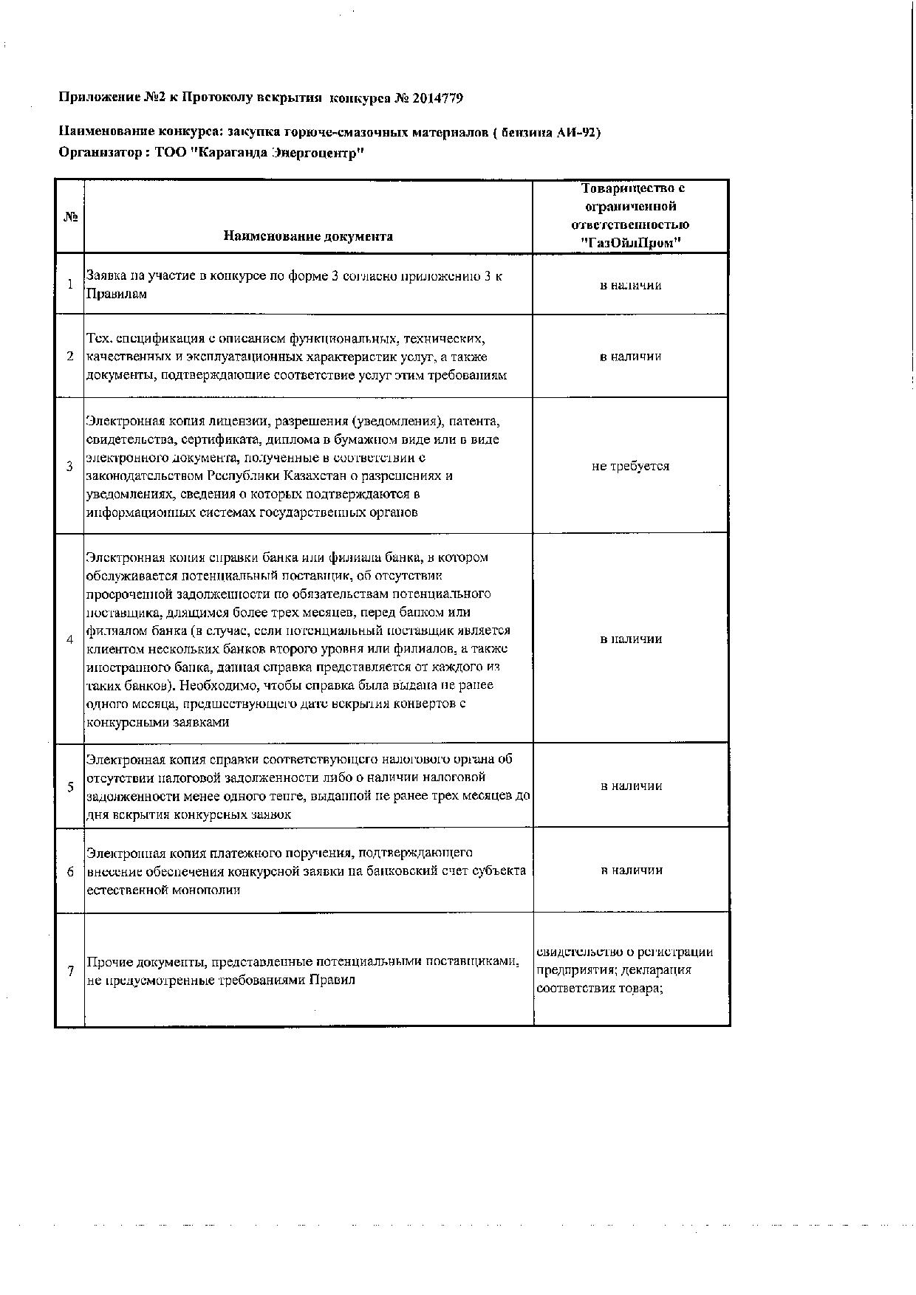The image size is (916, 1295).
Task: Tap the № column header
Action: [70, 217]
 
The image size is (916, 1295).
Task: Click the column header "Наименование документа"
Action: [307, 236]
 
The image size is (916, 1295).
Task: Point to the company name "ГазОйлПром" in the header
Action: [630, 243]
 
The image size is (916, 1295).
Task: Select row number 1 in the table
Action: [70, 285]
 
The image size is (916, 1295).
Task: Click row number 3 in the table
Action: [70, 467]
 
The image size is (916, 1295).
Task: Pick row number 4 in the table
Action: [70, 639]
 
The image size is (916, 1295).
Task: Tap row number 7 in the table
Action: [70, 972]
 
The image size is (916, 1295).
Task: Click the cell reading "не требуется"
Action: [630, 467]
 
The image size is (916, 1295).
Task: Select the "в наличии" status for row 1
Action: [630, 285]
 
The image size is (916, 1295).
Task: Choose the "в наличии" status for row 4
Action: [630, 639]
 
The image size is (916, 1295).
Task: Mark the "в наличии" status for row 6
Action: [630, 870]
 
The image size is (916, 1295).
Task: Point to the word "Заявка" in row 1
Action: [106, 276]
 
